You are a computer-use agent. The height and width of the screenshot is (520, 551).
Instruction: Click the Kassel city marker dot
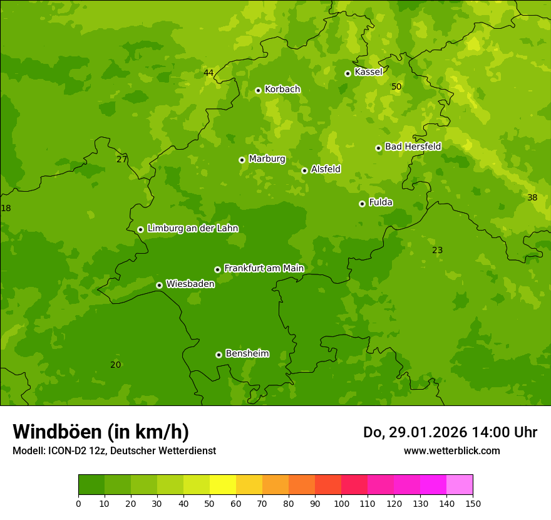click(x=348, y=73)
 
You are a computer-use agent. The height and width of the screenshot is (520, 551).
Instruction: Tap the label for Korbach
click(x=282, y=89)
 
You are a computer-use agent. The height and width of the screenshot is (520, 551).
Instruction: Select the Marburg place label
click(x=267, y=159)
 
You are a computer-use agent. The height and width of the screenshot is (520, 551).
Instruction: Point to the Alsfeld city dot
click(x=304, y=170)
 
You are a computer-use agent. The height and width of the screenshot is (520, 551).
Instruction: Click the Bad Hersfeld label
click(x=413, y=147)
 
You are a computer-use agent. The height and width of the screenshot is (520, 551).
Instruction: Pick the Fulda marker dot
click(x=362, y=204)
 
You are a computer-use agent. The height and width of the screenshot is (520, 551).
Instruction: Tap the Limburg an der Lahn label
click(x=192, y=228)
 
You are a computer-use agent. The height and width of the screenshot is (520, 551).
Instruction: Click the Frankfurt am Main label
click(x=264, y=268)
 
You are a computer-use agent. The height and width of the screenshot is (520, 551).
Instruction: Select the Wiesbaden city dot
click(x=159, y=285)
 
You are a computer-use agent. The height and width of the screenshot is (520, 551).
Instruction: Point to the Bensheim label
click(x=247, y=353)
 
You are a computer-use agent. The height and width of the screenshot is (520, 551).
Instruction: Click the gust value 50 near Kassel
click(x=396, y=86)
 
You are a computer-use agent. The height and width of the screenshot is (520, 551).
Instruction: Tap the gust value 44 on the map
click(x=209, y=73)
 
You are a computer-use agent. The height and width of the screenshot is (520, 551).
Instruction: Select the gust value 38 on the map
click(x=532, y=197)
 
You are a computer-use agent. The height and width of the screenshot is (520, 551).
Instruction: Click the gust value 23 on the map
click(x=437, y=250)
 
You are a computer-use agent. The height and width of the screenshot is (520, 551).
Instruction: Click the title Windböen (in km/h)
click(x=101, y=432)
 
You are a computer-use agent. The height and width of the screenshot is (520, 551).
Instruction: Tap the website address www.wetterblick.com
click(x=451, y=450)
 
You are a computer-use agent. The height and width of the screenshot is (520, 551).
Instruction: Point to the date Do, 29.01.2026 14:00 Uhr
click(x=450, y=432)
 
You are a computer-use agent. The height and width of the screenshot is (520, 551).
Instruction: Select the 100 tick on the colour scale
click(x=341, y=503)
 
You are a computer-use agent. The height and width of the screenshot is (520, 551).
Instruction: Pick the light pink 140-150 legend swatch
click(x=460, y=485)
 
